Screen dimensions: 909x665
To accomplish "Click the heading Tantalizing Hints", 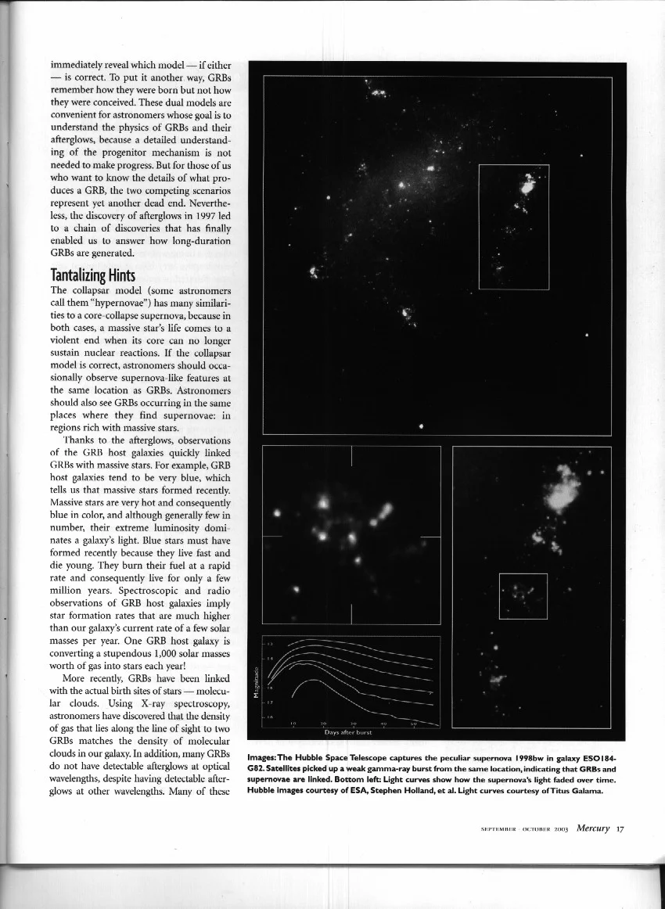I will [93, 275].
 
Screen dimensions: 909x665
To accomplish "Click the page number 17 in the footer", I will [620, 829].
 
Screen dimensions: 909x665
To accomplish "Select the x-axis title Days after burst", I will [347, 732].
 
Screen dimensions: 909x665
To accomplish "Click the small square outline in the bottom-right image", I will [523, 596].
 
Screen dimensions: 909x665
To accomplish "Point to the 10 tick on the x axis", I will [293, 724].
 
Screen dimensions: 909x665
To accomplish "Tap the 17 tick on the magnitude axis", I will [271, 701].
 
